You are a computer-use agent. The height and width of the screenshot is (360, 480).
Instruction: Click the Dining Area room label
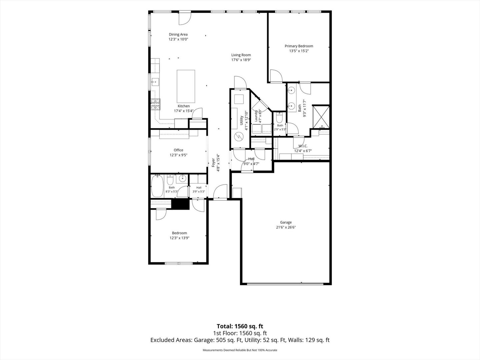178,34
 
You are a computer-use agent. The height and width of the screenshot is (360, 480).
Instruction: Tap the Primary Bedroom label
299,46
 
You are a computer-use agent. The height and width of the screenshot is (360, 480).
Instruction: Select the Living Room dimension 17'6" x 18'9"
241,60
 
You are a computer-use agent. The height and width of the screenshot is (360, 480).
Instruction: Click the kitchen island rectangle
186,86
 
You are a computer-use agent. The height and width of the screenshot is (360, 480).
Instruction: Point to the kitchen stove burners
155,104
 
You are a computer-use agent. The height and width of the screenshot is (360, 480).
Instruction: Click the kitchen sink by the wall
155,82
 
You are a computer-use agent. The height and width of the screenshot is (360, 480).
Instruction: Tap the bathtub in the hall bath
157,186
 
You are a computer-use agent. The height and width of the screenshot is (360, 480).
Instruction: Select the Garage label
286,222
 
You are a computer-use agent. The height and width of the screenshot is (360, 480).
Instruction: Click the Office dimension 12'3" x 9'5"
178,155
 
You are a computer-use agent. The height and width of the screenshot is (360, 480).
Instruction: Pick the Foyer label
213,163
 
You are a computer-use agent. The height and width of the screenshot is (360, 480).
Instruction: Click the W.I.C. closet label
303,146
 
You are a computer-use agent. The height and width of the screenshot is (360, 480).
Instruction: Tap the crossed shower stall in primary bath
321,117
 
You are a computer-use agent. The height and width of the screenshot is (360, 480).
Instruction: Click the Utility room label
241,120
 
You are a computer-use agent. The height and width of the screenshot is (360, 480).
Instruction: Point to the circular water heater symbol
238,137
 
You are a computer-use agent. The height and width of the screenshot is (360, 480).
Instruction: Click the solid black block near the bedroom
180,204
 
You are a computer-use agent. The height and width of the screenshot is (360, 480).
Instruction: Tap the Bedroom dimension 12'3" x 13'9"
179,238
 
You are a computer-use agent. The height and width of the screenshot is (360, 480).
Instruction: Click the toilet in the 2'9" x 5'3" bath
279,118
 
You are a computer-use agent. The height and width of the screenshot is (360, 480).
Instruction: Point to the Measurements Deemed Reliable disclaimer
240,350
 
